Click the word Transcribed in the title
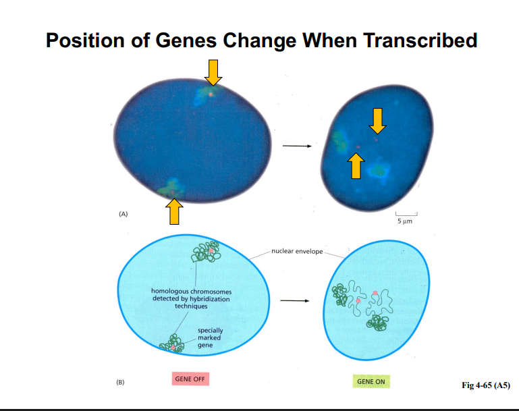click(420, 40)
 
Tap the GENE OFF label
click(190, 379)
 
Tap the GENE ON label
click(371, 382)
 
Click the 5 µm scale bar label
click(406, 221)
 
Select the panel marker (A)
click(123, 213)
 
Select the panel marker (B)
click(120, 382)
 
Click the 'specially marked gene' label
click(210, 337)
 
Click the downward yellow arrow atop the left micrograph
click(213, 72)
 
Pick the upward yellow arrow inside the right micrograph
click(356, 165)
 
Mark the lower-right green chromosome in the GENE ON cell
click(377, 321)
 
